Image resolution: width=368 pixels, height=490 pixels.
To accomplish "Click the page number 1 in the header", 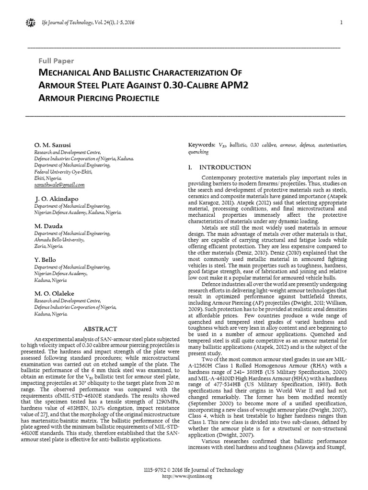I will (x=340, y=22).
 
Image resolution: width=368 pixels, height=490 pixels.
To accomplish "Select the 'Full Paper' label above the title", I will (x=56, y=61).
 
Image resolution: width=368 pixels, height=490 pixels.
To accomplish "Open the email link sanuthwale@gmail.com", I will (x=59, y=184).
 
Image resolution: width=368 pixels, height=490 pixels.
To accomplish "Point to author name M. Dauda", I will (x=49, y=225).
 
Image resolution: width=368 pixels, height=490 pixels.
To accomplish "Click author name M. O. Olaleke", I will (x=54, y=293).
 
